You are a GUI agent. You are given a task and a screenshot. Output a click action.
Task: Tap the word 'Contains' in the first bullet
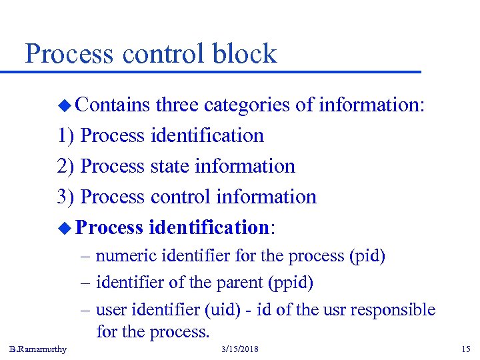[x=112, y=105]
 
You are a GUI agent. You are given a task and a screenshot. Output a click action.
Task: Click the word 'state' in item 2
[x=169, y=166]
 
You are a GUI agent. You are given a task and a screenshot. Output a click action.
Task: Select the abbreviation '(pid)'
[x=367, y=256]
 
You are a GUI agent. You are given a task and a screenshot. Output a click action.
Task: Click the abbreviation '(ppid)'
[x=290, y=283]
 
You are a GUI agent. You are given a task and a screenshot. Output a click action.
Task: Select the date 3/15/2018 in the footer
[x=241, y=349]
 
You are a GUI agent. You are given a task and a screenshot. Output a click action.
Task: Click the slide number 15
[x=465, y=349]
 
